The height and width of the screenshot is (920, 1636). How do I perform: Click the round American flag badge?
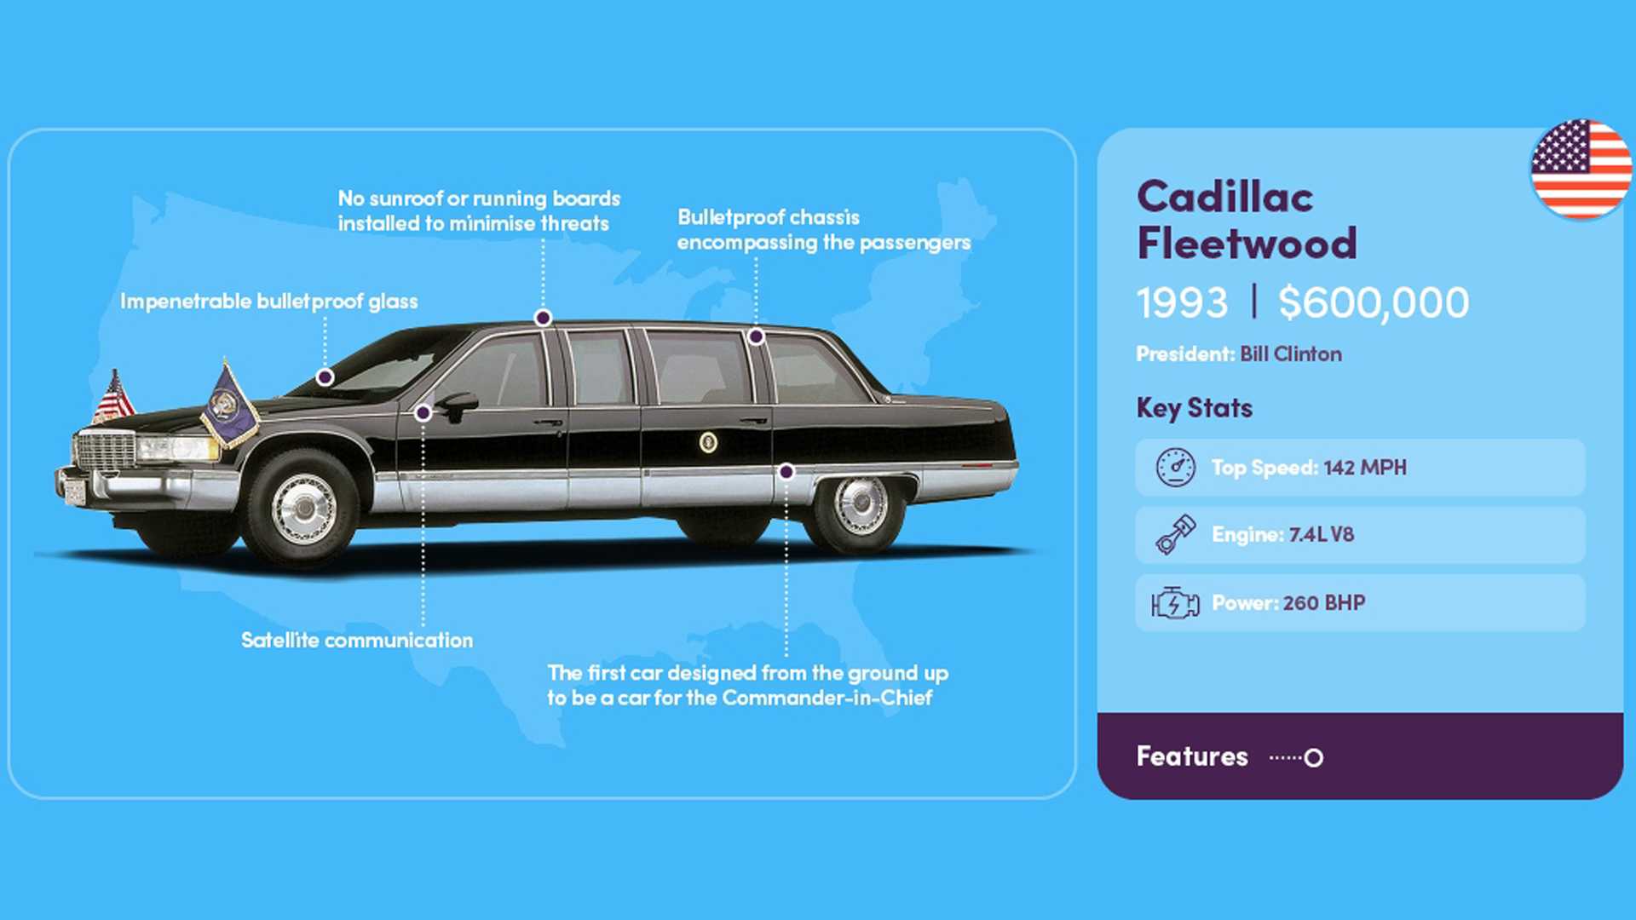point(1581,170)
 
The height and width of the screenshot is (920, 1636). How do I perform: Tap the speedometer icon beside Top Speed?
point(1176,467)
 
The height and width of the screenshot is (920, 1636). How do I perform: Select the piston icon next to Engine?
point(1176,534)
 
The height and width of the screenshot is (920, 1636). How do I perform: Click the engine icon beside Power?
point(1175,602)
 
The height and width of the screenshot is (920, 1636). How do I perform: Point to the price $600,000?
point(1374,302)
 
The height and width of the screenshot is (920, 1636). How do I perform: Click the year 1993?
point(1182,302)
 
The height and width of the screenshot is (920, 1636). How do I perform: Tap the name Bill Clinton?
point(1291,354)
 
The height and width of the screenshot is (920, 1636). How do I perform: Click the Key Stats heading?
point(1194,408)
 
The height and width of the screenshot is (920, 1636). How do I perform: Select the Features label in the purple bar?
point(1192,756)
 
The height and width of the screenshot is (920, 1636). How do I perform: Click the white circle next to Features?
point(1314,757)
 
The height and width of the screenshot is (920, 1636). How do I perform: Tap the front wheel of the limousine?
point(302,509)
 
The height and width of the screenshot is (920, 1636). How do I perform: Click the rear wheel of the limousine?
point(859,506)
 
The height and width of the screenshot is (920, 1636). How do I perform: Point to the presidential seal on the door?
point(708,441)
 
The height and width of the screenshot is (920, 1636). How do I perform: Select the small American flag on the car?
point(113,396)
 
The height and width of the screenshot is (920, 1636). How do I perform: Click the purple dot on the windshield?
point(325,377)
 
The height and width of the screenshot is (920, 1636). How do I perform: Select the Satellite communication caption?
point(357,640)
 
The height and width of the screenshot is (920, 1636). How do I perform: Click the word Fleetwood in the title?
point(1247,243)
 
